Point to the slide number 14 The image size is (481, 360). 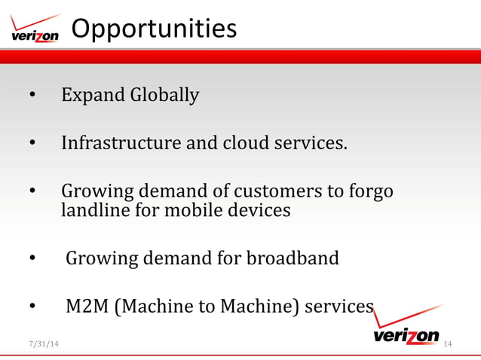point(448,344)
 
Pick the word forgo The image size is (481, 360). point(369,191)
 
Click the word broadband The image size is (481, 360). point(293,258)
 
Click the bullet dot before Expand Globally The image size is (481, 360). point(32,96)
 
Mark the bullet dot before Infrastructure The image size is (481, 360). point(32,143)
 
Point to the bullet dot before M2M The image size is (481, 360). point(32,307)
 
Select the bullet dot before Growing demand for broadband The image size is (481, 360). point(32,259)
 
